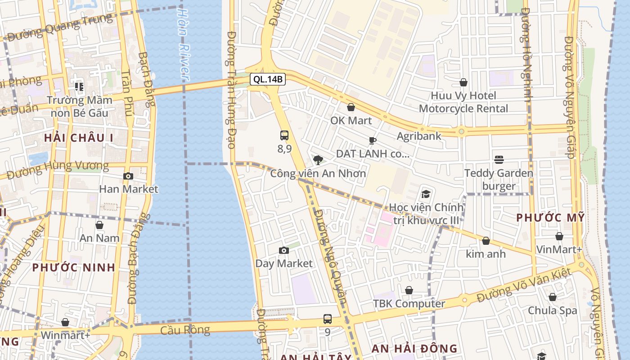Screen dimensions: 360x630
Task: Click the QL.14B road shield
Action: click(x=268, y=80)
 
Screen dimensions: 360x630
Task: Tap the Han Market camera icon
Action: click(x=128, y=176)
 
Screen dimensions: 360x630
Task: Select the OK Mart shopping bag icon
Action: click(x=351, y=107)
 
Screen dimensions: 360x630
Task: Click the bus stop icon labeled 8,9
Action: click(x=284, y=135)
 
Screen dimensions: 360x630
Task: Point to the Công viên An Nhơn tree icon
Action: click(x=318, y=160)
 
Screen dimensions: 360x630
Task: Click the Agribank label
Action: click(x=418, y=136)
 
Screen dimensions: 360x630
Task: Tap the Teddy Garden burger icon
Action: click(x=499, y=159)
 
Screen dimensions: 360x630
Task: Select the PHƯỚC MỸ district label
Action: click(x=550, y=218)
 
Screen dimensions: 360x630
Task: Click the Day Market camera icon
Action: click(x=283, y=251)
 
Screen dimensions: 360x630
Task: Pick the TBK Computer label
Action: click(x=409, y=304)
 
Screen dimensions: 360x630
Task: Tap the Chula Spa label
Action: click(x=552, y=310)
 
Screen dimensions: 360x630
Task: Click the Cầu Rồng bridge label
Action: click(x=185, y=330)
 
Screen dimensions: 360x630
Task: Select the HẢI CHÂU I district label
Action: click(x=79, y=138)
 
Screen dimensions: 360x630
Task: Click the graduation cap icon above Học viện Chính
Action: click(x=425, y=194)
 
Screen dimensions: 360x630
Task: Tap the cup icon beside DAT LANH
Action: click(x=372, y=140)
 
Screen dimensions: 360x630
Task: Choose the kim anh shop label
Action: click(x=486, y=254)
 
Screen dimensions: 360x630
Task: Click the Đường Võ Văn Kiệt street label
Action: click(x=524, y=285)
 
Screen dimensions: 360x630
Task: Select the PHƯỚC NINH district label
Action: click(x=74, y=267)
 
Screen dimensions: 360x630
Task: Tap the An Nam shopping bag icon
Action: click(x=99, y=225)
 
